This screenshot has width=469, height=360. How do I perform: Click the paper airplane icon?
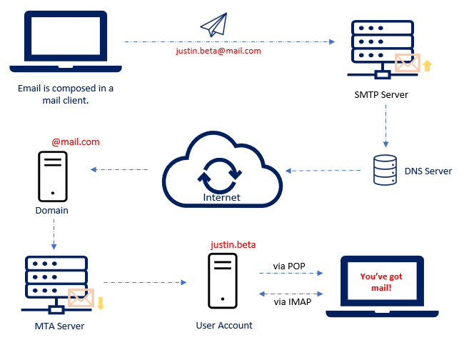tap(213, 26)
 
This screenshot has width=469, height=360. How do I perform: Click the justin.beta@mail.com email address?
tap(218, 51)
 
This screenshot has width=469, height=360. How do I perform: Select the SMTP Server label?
tap(381, 95)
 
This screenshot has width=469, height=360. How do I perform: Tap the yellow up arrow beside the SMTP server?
tap(428, 66)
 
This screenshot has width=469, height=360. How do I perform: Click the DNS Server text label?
tap(428, 171)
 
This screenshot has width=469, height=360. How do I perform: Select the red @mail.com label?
tap(76, 142)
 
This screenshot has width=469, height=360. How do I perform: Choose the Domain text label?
tap(52, 211)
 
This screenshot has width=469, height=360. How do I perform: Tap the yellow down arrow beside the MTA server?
tap(101, 303)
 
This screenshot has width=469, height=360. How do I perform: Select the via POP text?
tap(288, 266)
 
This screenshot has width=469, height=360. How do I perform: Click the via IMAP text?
tap(289, 301)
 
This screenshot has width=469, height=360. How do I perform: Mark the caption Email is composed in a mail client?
tap(65, 94)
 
